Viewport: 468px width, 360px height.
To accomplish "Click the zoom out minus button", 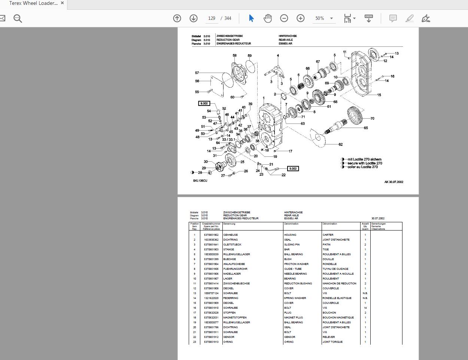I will click(x=284, y=18).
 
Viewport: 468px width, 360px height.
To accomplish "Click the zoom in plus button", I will click(x=301, y=18).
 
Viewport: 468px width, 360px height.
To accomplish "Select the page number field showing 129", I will click(x=212, y=18).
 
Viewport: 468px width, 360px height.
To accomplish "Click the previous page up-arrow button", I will click(x=177, y=18).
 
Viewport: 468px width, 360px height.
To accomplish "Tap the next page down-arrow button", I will click(x=194, y=18).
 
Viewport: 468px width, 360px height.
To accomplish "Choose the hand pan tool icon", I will click(x=268, y=18).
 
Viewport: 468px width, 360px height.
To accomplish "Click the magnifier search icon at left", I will click(x=18, y=18).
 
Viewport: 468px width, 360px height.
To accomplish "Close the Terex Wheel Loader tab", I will click(x=63, y=3).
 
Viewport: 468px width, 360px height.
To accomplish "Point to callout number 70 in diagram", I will click(x=372, y=119).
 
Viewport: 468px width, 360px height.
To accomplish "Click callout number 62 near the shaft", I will click(x=340, y=144).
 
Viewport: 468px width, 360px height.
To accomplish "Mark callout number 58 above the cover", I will click(x=234, y=56).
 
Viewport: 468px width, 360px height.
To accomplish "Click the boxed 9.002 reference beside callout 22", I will click(x=293, y=169).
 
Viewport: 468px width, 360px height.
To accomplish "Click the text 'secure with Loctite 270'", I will click(x=365, y=163).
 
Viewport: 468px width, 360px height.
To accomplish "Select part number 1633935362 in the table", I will click(x=211, y=240).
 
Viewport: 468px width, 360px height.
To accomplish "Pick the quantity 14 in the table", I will click(x=365, y=308).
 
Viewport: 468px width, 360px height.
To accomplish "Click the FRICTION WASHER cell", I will click(x=296, y=264).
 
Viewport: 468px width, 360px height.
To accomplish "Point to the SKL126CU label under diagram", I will click(x=200, y=181).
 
